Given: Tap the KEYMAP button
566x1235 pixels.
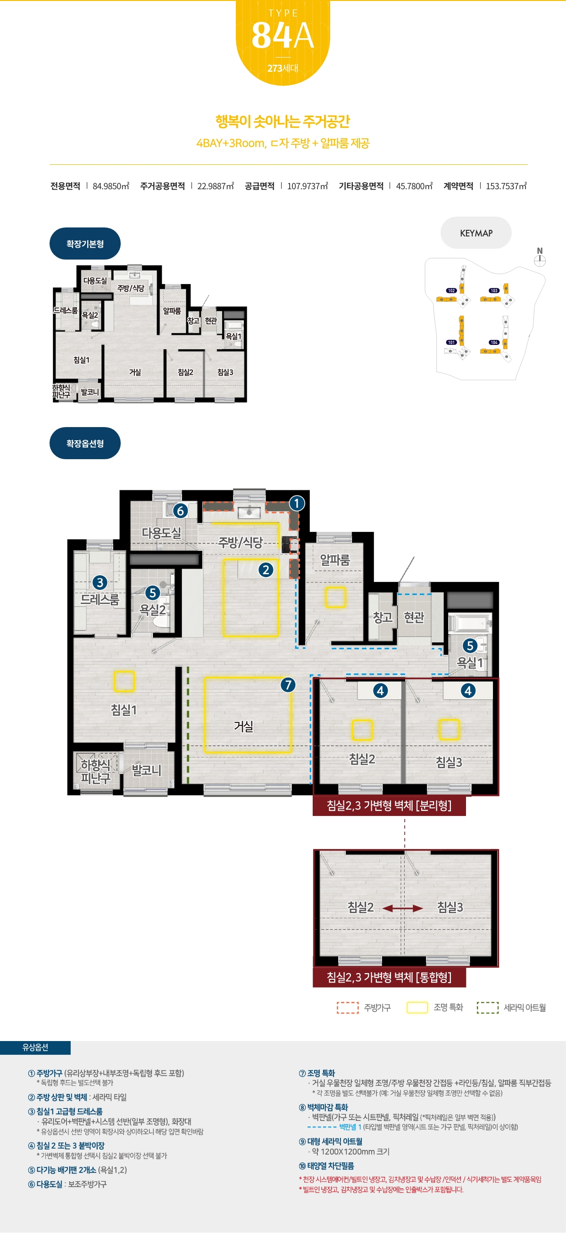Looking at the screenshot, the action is click(476, 233).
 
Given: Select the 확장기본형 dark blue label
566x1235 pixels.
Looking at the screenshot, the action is click(85, 244).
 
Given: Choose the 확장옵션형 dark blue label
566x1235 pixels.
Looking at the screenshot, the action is click(85, 444).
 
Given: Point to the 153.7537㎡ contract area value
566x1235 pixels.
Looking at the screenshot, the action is click(506, 186).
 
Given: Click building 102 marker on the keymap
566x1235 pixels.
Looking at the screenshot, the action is click(451, 291).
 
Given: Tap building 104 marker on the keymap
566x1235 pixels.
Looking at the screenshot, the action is click(494, 342).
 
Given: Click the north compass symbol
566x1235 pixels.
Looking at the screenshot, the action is click(540, 258).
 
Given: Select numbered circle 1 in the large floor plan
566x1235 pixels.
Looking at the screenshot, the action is click(297, 504).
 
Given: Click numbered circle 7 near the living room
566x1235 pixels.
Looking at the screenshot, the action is click(288, 685).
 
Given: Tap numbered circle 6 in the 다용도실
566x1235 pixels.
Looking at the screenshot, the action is click(180, 511).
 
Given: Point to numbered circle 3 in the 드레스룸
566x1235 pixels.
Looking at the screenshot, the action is click(100, 582).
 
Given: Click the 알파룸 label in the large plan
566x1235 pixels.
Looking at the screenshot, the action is click(335, 560).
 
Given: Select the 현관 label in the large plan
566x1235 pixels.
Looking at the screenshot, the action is click(414, 617).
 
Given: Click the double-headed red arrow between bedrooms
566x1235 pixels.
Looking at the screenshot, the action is click(403, 908).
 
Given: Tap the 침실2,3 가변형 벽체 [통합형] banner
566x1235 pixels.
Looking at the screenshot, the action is click(389, 977).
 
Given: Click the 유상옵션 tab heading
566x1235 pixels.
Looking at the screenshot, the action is click(35, 1048).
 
